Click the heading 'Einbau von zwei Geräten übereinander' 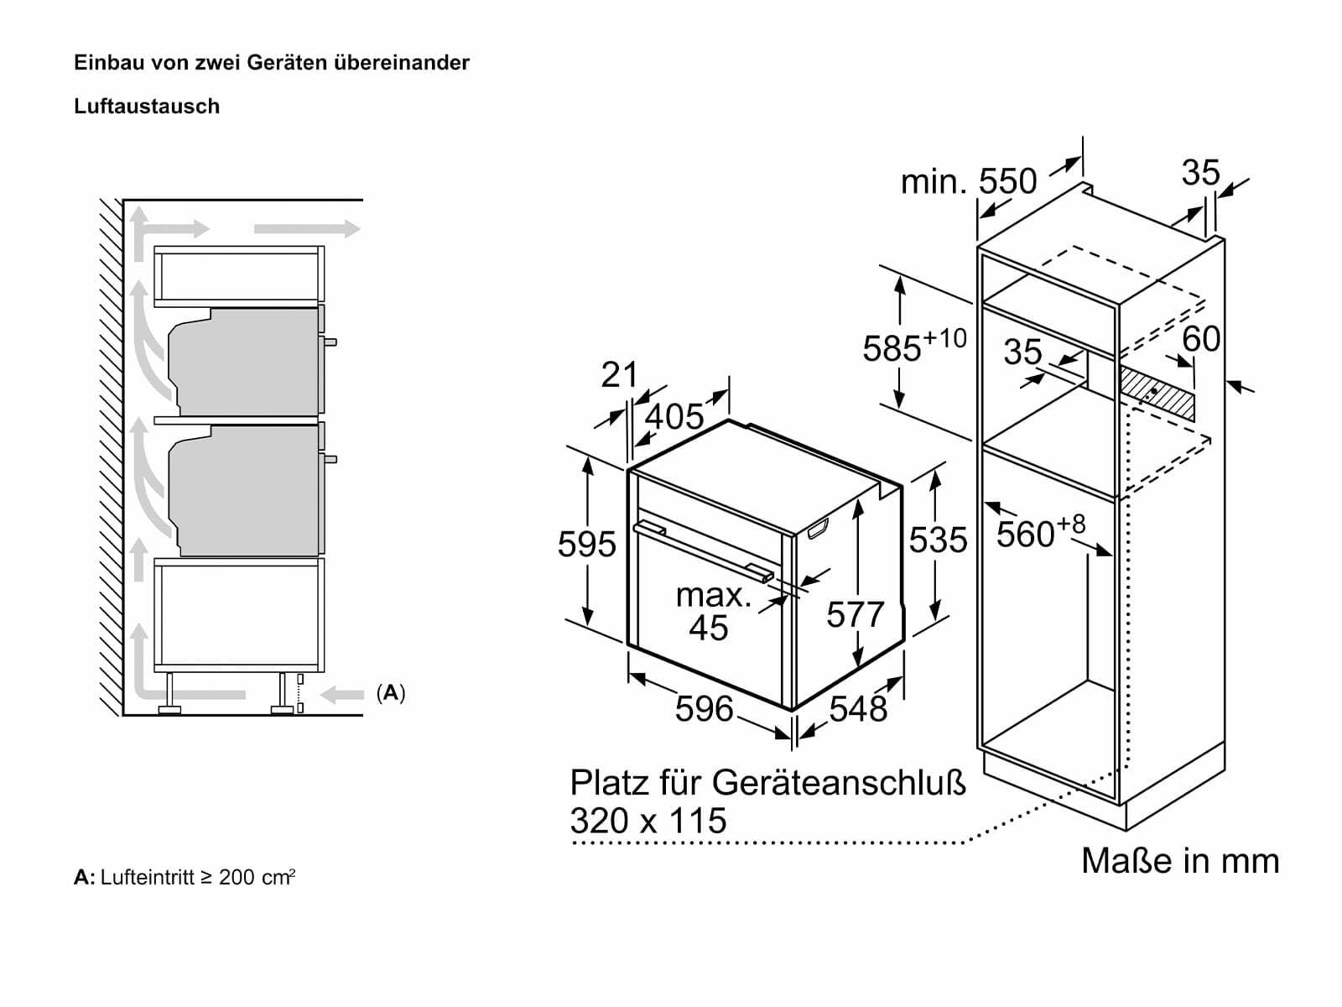[272, 63]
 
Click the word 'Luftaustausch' [147, 107]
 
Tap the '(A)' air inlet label [391, 693]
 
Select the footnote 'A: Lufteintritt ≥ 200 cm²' [185, 878]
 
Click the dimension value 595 [586, 545]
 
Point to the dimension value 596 [704, 709]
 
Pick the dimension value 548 [857, 709]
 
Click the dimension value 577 [855, 615]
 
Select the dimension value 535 [938, 540]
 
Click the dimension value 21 [619, 375]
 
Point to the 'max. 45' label [711, 612]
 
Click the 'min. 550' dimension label [968, 182]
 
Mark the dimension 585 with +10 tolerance [913, 346]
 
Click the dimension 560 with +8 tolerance [1040, 532]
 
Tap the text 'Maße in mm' [1179, 861]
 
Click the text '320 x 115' [648, 821]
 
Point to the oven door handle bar [703, 550]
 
